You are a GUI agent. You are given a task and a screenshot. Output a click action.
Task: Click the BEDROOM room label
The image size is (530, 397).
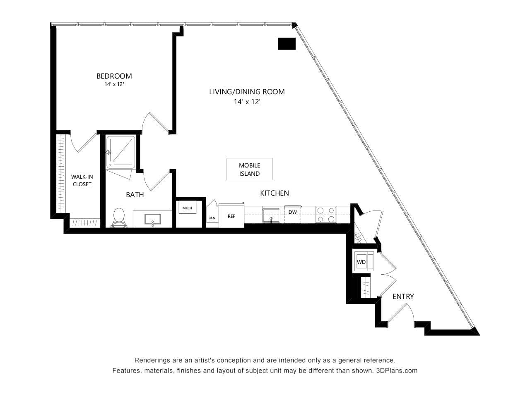coord(114,76)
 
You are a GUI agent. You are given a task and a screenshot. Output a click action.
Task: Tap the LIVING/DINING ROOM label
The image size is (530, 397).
coord(247,92)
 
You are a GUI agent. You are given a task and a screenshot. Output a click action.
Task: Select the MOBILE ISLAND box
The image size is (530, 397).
coord(249,170)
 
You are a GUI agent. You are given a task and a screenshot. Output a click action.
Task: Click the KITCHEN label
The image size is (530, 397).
coord(274,193)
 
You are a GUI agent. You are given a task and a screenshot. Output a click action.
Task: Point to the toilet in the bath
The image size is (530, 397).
coord(118,217)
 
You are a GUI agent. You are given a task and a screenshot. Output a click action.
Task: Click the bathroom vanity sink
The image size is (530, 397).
coord(152,219)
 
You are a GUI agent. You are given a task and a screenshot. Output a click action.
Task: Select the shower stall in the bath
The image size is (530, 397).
coord(120,152)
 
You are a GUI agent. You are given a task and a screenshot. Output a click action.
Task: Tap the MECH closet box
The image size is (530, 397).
coord(187,208)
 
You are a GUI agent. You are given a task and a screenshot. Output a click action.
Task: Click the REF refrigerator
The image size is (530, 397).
coord(231,216)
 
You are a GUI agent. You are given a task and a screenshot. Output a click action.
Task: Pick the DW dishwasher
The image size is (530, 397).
coord(292,213)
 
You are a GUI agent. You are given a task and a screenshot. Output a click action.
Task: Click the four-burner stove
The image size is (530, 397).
coord(326,215)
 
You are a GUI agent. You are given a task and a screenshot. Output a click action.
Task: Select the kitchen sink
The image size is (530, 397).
coord(271,215)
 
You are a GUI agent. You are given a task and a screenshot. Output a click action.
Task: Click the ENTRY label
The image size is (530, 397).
coord(403,297)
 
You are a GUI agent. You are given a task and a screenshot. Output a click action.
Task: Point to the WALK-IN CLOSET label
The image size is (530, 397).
coord(82,181)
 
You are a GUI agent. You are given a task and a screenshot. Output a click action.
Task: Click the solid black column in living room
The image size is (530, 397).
coord(287,43)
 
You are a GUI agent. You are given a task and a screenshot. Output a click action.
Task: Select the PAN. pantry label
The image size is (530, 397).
coord(212,218)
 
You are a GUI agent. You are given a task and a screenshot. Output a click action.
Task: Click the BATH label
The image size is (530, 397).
coord(135,195)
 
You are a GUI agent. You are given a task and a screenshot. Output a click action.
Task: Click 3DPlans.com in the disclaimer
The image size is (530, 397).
coord(397,371)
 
